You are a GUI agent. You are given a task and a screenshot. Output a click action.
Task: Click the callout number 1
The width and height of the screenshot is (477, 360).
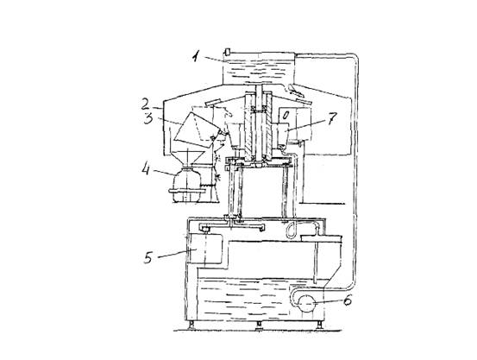[197, 56]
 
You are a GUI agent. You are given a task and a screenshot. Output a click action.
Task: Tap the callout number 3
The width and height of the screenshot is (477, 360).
[148, 118]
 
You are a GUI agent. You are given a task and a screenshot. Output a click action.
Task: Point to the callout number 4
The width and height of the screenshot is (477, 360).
[147, 169]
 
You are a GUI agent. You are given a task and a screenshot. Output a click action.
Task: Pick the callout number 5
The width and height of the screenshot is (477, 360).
[148, 257]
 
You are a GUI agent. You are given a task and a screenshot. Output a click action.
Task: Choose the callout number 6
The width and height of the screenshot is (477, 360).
[348, 300]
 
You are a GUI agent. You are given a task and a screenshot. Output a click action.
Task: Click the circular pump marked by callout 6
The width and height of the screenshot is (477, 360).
[307, 303]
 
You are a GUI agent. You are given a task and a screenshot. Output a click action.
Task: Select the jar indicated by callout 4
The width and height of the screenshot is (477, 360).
[185, 185]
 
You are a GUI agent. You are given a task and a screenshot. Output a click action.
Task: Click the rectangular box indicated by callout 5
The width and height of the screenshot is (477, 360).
[204, 249]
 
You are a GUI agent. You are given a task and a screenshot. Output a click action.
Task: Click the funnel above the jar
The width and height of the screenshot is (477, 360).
[188, 159]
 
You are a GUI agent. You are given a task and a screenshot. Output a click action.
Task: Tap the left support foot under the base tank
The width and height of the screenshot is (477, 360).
[192, 325]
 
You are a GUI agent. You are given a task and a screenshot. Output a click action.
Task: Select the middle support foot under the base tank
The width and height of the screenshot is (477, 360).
[259, 325]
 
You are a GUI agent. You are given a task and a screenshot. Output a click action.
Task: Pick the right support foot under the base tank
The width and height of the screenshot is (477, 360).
[319, 325]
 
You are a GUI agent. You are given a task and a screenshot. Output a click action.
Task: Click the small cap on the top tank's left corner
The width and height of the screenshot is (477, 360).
[227, 52]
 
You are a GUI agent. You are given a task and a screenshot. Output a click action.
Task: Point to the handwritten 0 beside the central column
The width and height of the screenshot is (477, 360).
[286, 115]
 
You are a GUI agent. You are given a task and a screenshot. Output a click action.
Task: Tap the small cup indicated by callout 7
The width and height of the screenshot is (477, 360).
[282, 134]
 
